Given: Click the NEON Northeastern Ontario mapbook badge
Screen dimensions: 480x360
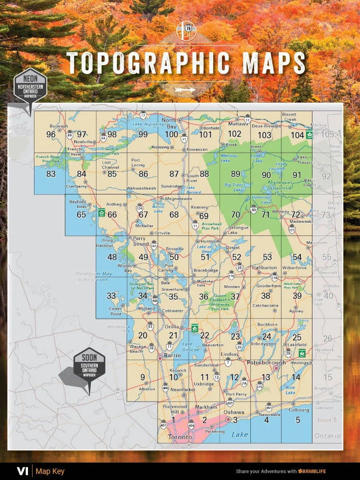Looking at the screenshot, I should [30, 86].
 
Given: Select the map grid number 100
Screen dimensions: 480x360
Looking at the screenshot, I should [171, 134].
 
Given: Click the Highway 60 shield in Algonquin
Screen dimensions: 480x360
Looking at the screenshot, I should [254, 208].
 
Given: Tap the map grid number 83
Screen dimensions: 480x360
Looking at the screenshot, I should [51, 174].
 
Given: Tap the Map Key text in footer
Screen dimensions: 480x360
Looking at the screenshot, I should [50, 471].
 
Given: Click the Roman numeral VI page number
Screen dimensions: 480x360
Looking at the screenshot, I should [22, 471].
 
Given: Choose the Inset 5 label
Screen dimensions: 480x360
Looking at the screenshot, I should [327, 420].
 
